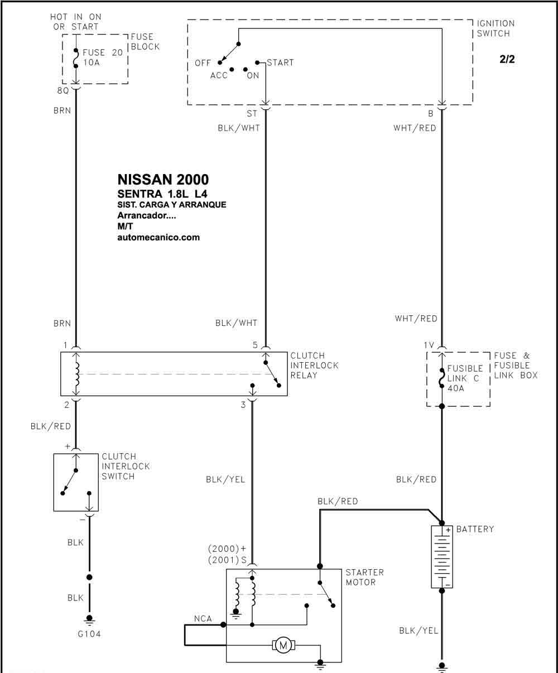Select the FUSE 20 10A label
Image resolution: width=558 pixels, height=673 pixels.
pos(103,57)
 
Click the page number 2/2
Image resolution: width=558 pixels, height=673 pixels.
pos(507,59)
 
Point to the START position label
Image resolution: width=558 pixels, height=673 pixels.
pos(280,63)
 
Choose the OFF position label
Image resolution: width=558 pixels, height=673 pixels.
pos(203,63)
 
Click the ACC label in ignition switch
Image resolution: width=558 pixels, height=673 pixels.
pos(219,75)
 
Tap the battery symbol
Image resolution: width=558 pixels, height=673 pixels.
pos(442,556)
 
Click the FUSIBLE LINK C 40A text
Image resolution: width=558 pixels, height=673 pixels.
pos(465,378)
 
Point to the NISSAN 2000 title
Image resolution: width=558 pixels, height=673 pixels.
pos(163,180)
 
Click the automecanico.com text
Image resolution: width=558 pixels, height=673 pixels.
pos(158,237)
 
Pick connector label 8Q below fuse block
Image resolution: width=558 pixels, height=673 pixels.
pos(63,91)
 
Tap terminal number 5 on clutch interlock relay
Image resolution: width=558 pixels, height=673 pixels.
pos(255,345)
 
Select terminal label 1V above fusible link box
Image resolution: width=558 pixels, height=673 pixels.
pos(429,345)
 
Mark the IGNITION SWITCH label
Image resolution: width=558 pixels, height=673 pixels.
pos(496,28)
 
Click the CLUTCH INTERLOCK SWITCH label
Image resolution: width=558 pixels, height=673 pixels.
pos(126,467)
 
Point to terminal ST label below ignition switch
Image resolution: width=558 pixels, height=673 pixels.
pos(252,113)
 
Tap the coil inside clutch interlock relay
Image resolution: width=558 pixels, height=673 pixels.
pos(76,374)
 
